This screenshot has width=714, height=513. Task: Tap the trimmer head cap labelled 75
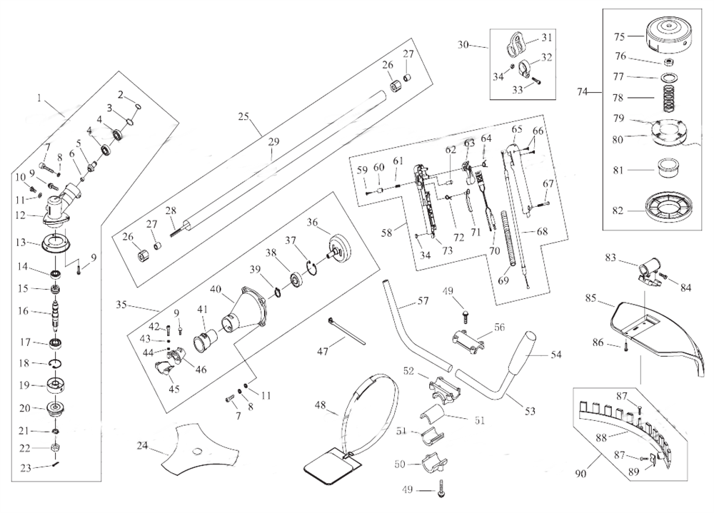(x=665, y=37)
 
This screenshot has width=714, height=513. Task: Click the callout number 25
(x=243, y=116)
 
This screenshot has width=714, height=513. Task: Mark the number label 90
(x=580, y=472)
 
